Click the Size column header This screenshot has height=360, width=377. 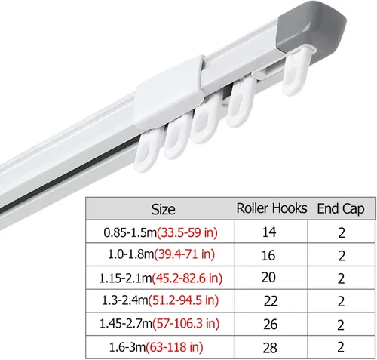click(163, 209)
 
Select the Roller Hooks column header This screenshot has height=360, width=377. click(271, 208)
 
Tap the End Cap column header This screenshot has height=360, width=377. click(341, 209)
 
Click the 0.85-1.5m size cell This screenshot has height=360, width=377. click(161, 232)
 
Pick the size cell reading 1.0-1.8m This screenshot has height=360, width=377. click(161, 254)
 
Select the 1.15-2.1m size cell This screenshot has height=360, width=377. click(161, 278)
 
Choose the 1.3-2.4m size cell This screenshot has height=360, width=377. click(160, 300)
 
